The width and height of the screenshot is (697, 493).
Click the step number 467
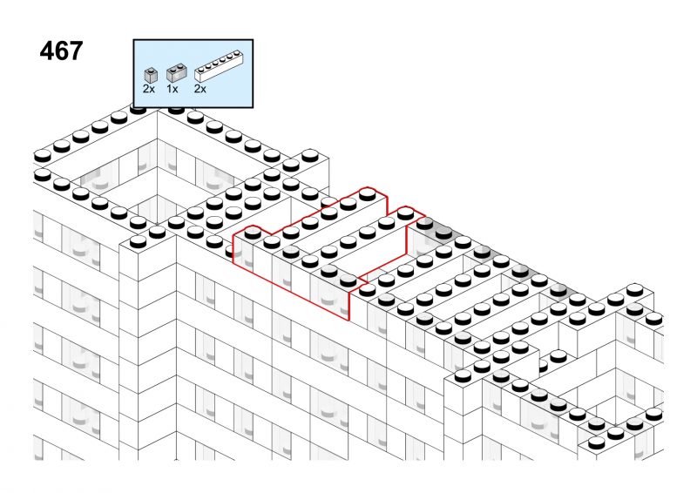tap(61, 51)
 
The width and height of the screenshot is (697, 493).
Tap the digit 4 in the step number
tap(47, 51)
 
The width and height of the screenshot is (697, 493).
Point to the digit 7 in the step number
tap(76, 51)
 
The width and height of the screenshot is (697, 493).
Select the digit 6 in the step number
tap(61, 51)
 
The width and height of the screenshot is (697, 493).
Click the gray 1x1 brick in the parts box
tap(151, 75)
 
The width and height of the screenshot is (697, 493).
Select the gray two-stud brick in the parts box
tap(177, 73)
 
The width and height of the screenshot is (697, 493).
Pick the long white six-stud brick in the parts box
tap(220, 67)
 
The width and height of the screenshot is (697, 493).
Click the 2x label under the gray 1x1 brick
tap(149, 89)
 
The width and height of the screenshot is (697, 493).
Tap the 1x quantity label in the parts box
tap(172, 89)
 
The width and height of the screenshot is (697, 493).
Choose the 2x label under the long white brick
tap(200, 89)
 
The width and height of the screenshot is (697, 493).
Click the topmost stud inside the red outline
tap(367, 194)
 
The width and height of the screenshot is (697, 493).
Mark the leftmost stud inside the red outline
tap(253, 232)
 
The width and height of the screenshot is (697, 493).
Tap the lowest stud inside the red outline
tap(348, 280)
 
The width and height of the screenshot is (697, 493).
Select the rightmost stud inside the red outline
tap(405, 213)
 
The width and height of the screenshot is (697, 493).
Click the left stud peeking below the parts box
tap(138, 109)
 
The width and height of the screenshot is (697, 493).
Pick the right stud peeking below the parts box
tap(177, 109)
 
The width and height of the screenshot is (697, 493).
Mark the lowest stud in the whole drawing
tap(596, 442)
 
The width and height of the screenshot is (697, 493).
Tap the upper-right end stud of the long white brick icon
tap(236, 56)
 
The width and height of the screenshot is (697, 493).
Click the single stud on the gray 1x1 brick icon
tap(151, 70)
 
